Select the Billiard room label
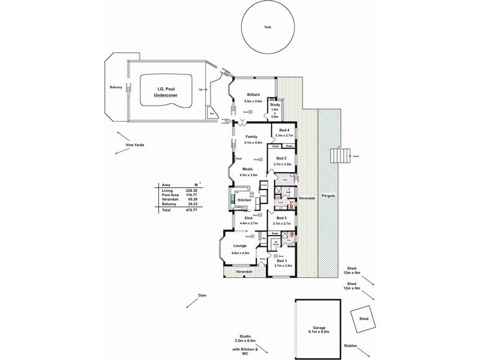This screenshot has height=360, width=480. [x=251, y=94]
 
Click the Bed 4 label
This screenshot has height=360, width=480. [x=284, y=130]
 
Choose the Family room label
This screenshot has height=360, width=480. [x=251, y=137]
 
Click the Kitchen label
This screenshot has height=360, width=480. [x=244, y=199]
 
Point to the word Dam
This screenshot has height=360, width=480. [x=202, y=295]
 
